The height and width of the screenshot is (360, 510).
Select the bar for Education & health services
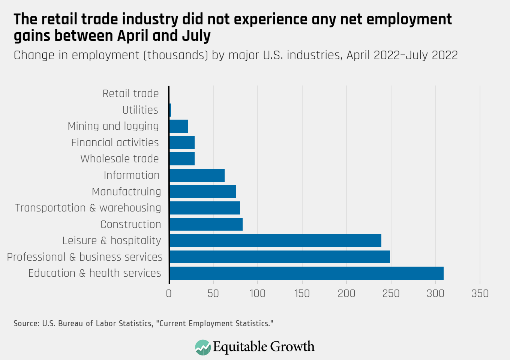(x=306, y=273)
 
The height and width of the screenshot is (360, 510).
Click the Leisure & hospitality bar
(x=275, y=240)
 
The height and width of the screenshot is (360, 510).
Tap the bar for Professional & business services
(x=279, y=257)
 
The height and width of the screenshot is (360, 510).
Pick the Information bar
(x=197, y=175)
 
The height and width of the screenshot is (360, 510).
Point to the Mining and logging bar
(x=178, y=126)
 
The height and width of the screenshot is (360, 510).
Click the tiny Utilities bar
(x=170, y=110)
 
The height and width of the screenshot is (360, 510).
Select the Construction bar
(x=206, y=224)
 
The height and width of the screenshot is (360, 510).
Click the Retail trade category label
(x=130, y=93)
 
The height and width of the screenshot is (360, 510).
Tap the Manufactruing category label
(x=126, y=192)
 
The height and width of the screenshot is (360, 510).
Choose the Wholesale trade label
(x=120, y=159)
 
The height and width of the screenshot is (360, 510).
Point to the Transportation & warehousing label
(x=88, y=208)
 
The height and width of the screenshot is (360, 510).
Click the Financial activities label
(x=115, y=142)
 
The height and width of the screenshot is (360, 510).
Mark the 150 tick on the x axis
(x=302, y=293)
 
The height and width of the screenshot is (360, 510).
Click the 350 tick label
(x=480, y=293)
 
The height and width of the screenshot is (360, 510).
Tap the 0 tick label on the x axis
(x=169, y=293)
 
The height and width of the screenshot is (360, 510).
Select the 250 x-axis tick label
(x=391, y=293)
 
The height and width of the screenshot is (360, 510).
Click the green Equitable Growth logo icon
(x=203, y=347)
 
